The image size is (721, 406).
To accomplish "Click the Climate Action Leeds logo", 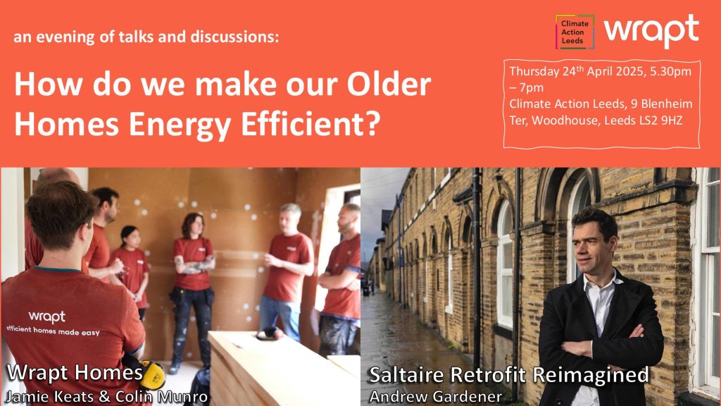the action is coord(575,32).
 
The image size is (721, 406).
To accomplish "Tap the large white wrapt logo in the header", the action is coord(651,30).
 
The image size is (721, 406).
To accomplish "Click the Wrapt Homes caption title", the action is coord(75,372).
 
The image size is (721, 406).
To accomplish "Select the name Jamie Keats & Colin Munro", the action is coord(106,396).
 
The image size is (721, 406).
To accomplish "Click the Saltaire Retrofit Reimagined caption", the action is coord(509,375).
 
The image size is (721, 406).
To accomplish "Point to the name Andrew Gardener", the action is coord(435,396).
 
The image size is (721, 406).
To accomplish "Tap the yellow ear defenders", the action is coord(151,375).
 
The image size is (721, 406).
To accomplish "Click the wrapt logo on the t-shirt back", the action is coord(47,316).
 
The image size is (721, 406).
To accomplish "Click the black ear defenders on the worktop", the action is coord(270,333).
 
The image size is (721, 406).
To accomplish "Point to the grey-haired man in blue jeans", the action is coord(287,271).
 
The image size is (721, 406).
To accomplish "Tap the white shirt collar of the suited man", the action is coord(601,283).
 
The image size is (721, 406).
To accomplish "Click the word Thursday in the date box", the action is coord(534,72).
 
